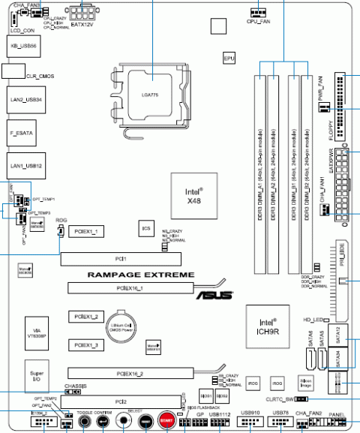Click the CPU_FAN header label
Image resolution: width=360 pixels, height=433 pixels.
coord(257,22)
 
